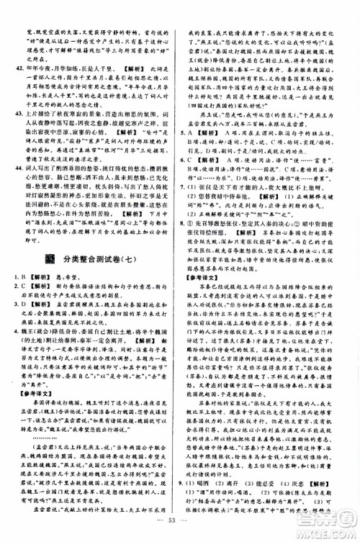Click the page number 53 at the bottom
180,532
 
